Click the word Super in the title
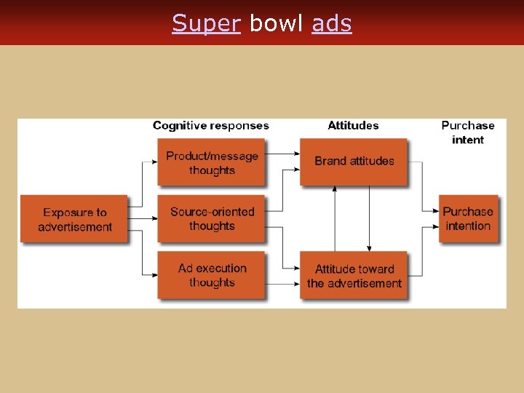point(206,23)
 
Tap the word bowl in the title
point(276,23)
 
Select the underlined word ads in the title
point(332,23)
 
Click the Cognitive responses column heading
point(210,126)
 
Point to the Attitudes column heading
point(353,126)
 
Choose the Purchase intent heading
point(467,132)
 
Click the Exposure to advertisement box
point(74,219)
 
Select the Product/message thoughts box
point(212,162)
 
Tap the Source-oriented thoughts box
point(212,218)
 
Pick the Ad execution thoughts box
point(212,275)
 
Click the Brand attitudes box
point(354,161)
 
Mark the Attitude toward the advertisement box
point(354,276)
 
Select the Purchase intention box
point(468,218)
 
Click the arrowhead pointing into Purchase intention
point(435,210)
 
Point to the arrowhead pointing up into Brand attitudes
point(335,188)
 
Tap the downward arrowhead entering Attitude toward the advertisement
point(369,249)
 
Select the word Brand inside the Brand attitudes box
point(330,161)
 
